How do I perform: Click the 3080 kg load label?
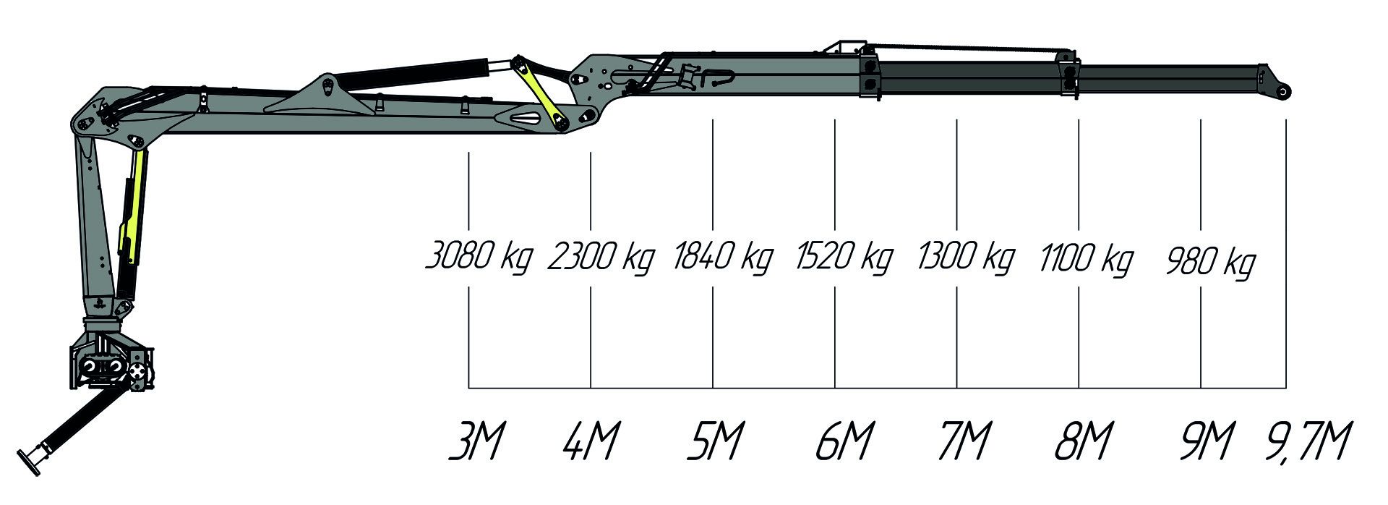[479, 258]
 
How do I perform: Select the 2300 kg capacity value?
[601, 258]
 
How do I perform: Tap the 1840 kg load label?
[722, 258]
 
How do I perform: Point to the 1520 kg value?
[844, 258]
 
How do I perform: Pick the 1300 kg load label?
[966, 258]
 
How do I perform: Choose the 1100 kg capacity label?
[1087, 260]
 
